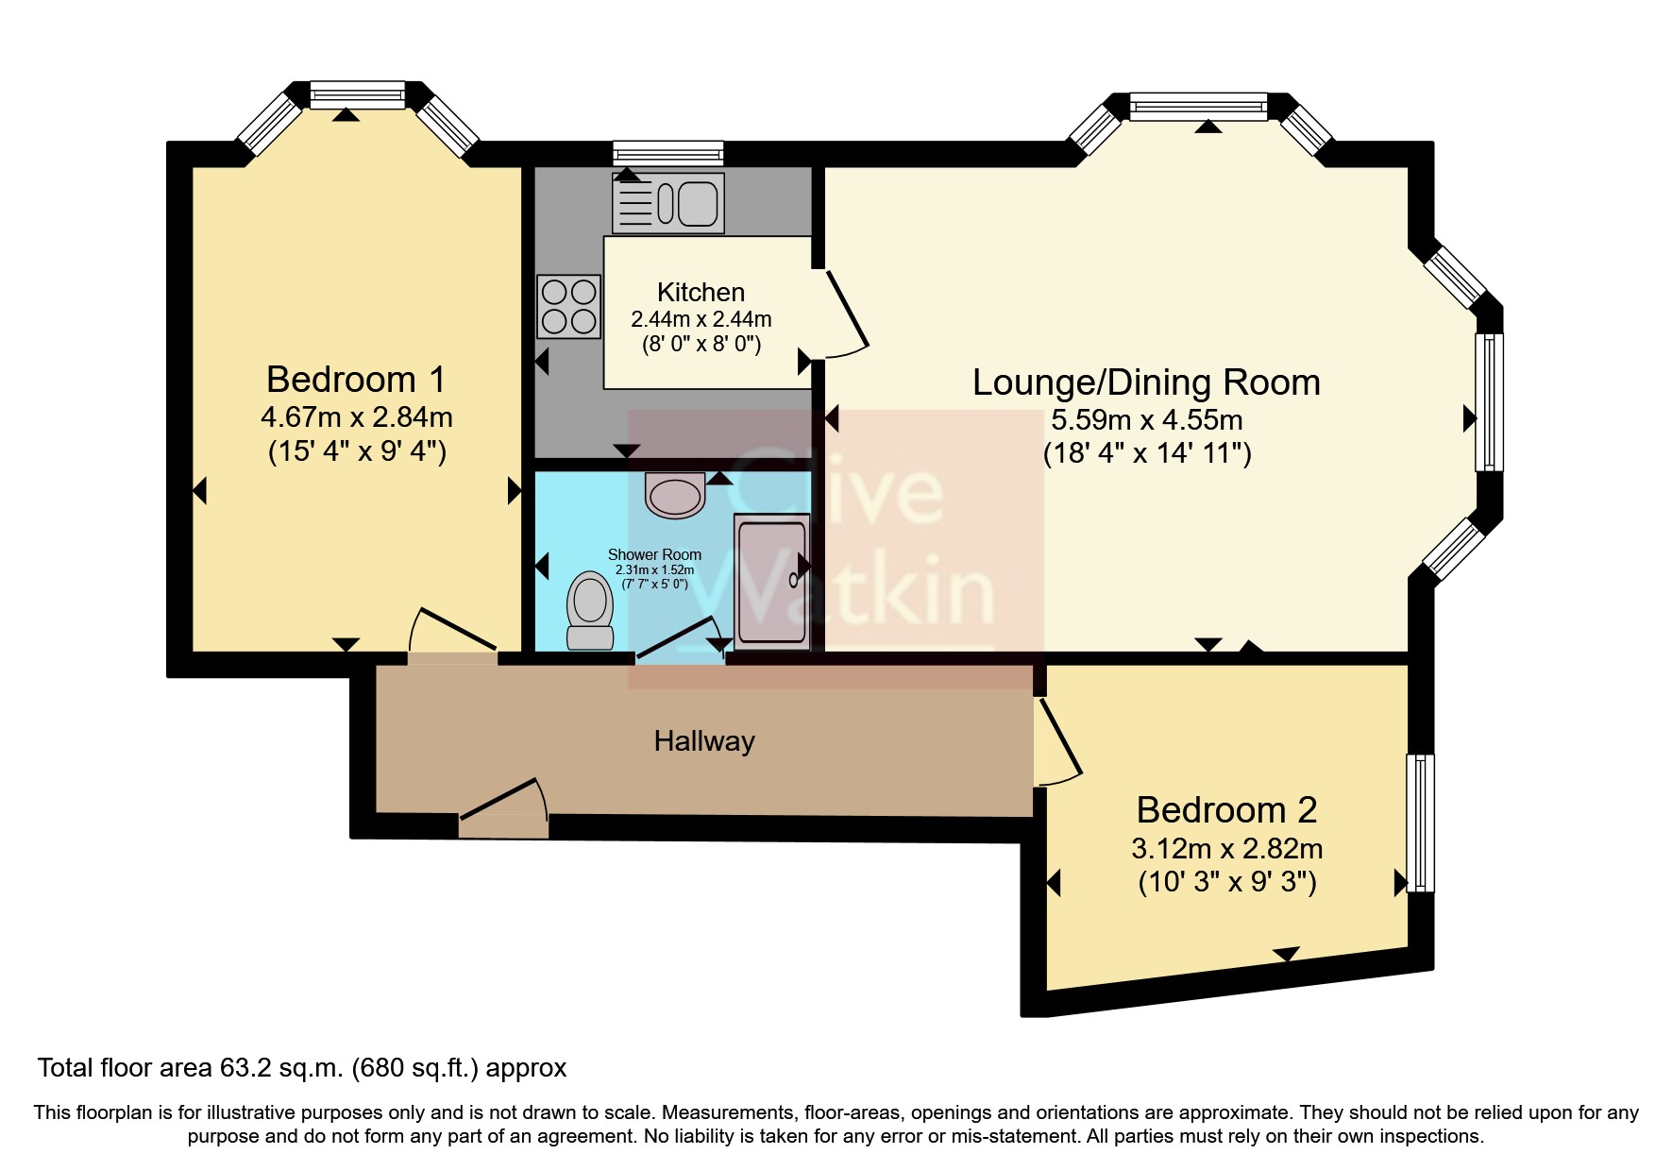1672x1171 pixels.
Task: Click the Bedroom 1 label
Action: pyautogui.click(x=355, y=380)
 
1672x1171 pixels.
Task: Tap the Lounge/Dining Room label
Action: pyautogui.click(x=1146, y=382)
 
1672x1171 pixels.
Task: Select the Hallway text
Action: pyautogui.click(x=704, y=741)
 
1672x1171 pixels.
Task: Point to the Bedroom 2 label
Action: pyautogui.click(x=1226, y=810)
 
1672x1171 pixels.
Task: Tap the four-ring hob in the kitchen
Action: pyautogui.click(x=568, y=306)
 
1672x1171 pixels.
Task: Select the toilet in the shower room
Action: pyautogui.click(x=590, y=610)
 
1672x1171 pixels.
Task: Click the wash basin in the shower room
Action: pyautogui.click(x=675, y=495)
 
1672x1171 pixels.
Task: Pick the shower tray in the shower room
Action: pyautogui.click(x=771, y=581)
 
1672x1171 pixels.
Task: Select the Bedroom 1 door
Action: pyautogui.click(x=453, y=630)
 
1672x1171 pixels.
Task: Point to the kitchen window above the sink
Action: pyautogui.click(x=667, y=153)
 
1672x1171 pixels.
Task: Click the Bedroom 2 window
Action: pyautogui.click(x=1420, y=823)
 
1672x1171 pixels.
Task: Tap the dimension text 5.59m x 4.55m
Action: pyautogui.click(x=1146, y=419)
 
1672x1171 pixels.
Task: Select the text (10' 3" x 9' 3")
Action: pyautogui.click(x=1226, y=882)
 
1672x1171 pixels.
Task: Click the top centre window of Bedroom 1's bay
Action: pyautogui.click(x=357, y=94)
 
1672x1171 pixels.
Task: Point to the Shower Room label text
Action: pyautogui.click(x=654, y=554)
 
